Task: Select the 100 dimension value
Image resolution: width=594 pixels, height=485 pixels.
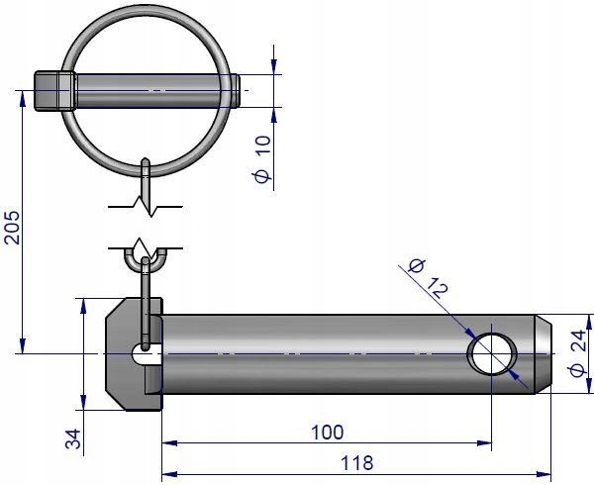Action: click(x=326, y=433)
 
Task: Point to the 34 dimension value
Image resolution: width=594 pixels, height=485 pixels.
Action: click(x=72, y=436)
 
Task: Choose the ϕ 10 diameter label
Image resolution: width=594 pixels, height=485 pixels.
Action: click(x=262, y=158)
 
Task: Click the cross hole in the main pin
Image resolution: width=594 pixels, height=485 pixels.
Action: click(x=492, y=353)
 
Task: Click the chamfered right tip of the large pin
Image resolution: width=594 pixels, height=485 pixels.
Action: click(x=545, y=353)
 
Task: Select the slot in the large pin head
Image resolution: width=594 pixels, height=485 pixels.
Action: click(x=145, y=355)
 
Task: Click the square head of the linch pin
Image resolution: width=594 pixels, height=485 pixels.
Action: click(x=53, y=90)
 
